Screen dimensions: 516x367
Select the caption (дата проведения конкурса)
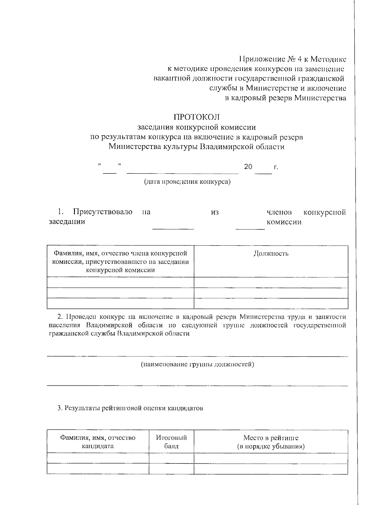pyautogui.click(x=187, y=182)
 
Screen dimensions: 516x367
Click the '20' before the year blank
pyautogui.click(x=248, y=167)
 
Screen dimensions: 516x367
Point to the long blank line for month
pyautogui.click(x=183, y=173)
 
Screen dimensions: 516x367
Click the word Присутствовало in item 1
pyautogui.click(x=102, y=212)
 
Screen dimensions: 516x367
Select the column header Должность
pyautogui.click(x=271, y=254)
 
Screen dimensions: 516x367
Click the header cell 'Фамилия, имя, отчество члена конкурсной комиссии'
pyautogui.click(x=120, y=262)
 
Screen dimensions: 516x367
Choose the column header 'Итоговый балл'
pyautogui.click(x=171, y=442)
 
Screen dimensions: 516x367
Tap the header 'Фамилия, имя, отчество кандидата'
pyautogui.click(x=98, y=442)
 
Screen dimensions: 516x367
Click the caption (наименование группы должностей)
pyautogui.click(x=197, y=364)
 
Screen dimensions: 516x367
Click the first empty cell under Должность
pyautogui.click(x=271, y=282)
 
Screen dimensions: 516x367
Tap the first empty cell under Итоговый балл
pyautogui.click(x=171, y=458)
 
